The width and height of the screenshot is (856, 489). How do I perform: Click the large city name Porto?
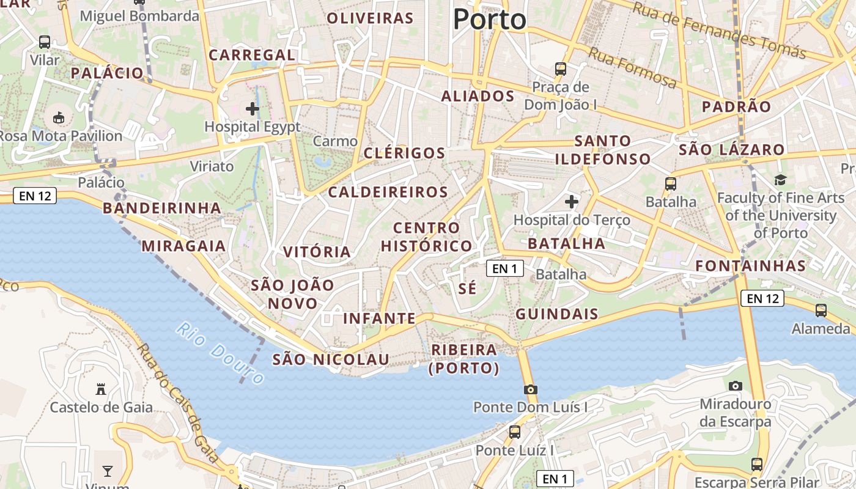[x=489, y=20]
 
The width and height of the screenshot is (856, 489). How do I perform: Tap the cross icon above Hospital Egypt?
[x=252, y=109]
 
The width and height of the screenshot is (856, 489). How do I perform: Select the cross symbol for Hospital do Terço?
[x=572, y=201]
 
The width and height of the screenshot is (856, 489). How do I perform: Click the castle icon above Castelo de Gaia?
[x=101, y=389]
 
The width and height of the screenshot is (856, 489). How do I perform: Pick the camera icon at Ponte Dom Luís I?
[x=530, y=389]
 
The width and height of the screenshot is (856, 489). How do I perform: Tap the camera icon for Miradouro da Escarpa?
[x=736, y=386]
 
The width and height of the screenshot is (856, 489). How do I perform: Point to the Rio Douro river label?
[x=220, y=353]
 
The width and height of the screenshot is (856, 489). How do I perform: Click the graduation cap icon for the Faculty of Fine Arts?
[x=780, y=180]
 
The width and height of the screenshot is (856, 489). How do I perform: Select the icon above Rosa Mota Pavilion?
[x=59, y=117]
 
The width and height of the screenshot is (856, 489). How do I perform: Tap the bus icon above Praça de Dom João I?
[x=560, y=68]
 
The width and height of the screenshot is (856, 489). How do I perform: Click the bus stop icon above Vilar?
[x=45, y=42]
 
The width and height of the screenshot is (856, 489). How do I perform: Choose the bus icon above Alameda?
[x=821, y=311]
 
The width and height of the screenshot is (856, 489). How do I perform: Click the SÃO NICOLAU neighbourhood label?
[x=331, y=359]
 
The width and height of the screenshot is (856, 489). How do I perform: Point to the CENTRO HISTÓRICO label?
[x=426, y=237]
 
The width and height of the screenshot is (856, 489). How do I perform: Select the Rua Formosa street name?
[x=632, y=68]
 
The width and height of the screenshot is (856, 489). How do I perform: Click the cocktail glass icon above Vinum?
[x=108, y=471]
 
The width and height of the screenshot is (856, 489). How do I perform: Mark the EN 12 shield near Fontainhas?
[x=762, y=298]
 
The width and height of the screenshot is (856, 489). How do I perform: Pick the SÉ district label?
[x=467, y=289]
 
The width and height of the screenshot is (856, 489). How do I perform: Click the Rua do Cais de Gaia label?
[x=177, y=403]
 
